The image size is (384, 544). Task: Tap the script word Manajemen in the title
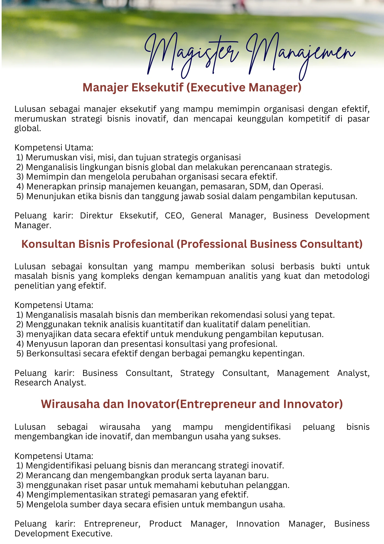(x=300, y=54)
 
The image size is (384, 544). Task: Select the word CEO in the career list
(x=174, y=216)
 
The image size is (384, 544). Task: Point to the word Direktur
(x=96, y=216)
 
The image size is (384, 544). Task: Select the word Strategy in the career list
(x=197, y=373)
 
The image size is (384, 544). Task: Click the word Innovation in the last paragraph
(x=258, y=524)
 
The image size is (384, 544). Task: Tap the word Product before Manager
(x=165, y=524)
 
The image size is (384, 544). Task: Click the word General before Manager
(x=206, y=216)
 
